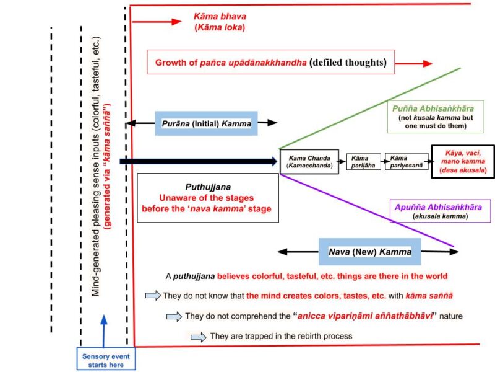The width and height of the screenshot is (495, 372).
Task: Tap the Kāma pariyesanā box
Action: pos(405,162)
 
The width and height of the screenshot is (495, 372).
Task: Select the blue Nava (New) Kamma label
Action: pos(369,252)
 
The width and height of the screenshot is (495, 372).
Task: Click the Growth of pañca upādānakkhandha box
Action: pos(270,63)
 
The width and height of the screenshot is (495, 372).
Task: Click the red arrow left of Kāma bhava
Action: pos(155,22)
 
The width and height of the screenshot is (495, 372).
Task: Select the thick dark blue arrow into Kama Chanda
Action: pos(198,162)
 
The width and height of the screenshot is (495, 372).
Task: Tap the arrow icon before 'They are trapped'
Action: pos(199,337)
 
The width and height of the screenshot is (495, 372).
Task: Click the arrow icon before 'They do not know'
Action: pos(152,296)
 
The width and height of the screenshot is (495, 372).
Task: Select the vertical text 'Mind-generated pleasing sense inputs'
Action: pos(97,167)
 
